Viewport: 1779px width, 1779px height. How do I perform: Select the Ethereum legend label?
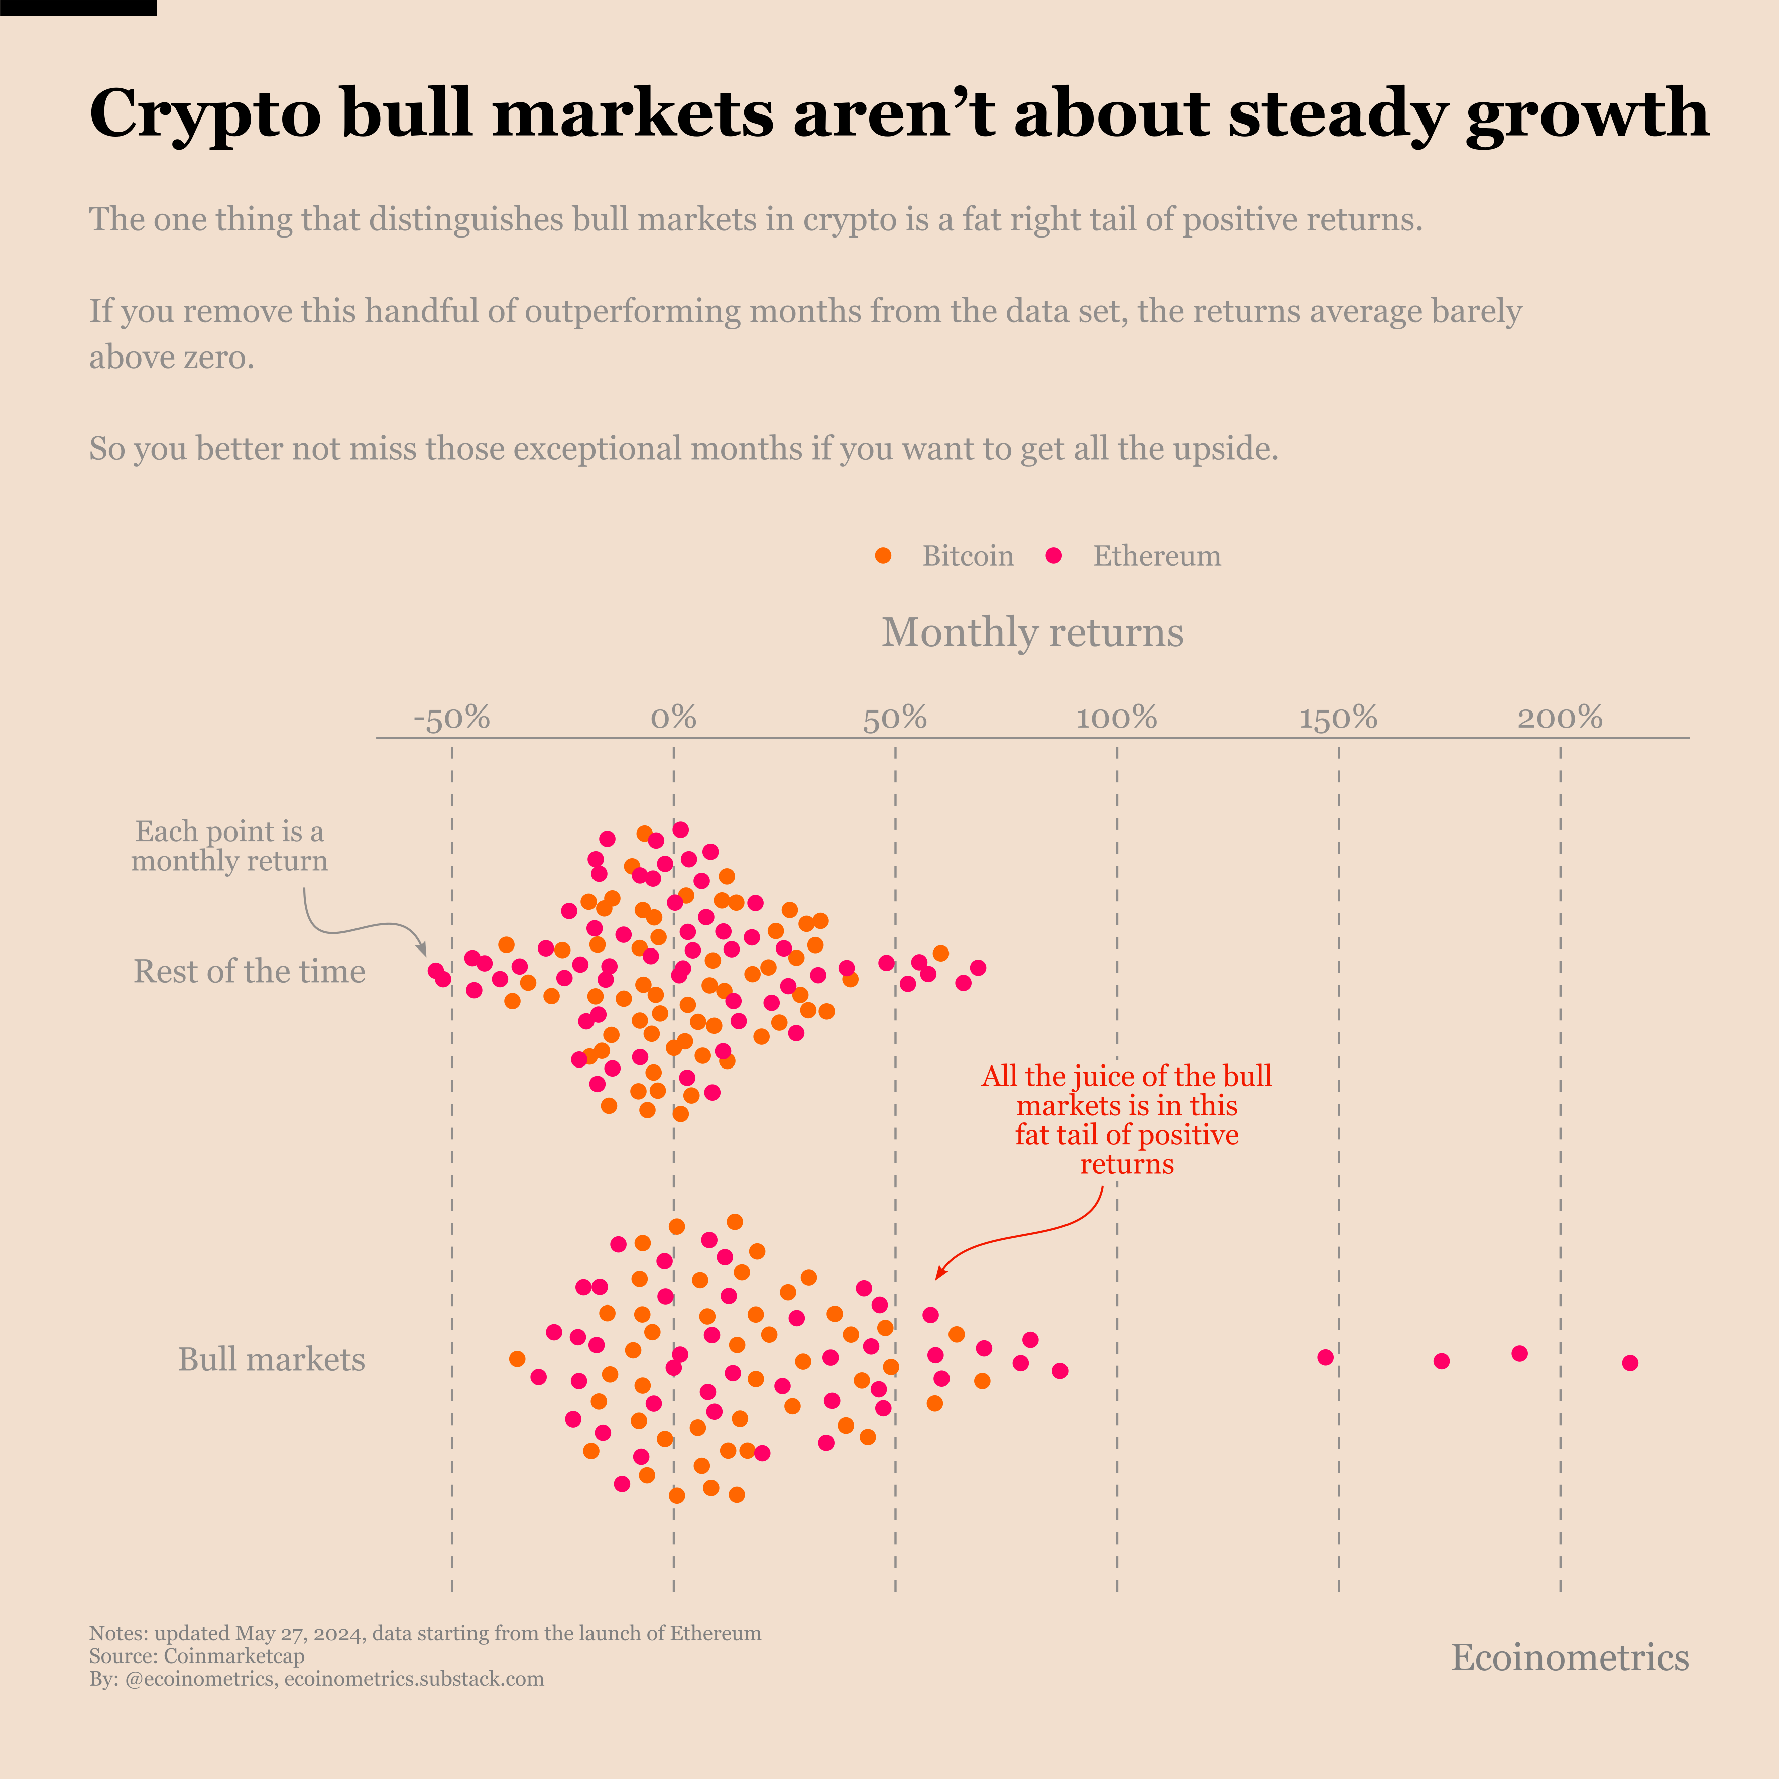[x=1156, y=556]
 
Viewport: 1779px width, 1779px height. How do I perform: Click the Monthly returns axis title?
[x=1032, y=633]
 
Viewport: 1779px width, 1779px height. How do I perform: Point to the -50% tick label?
[x=451, y=718]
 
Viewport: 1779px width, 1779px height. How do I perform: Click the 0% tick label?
[x=673, y=718]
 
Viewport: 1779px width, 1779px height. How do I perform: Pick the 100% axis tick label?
[x=1116, y=718]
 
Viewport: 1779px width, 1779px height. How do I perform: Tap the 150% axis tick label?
[x=1338, y=718]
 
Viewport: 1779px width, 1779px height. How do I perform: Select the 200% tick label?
[x=1560, y=718]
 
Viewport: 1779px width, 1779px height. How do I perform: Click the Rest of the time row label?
[x=250, y=972]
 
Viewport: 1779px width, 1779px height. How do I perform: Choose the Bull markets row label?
[x=272, y=1359]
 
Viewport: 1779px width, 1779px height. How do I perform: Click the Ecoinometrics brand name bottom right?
[x=1570, y=1657]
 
